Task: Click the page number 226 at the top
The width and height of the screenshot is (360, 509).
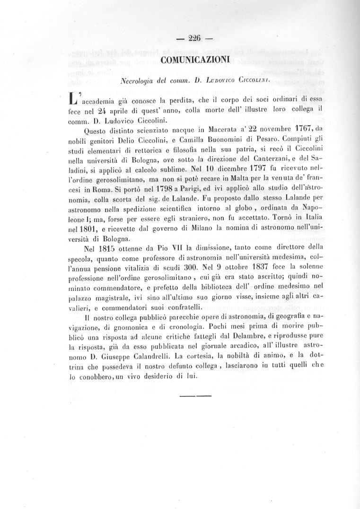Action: (x=195, y=39)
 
